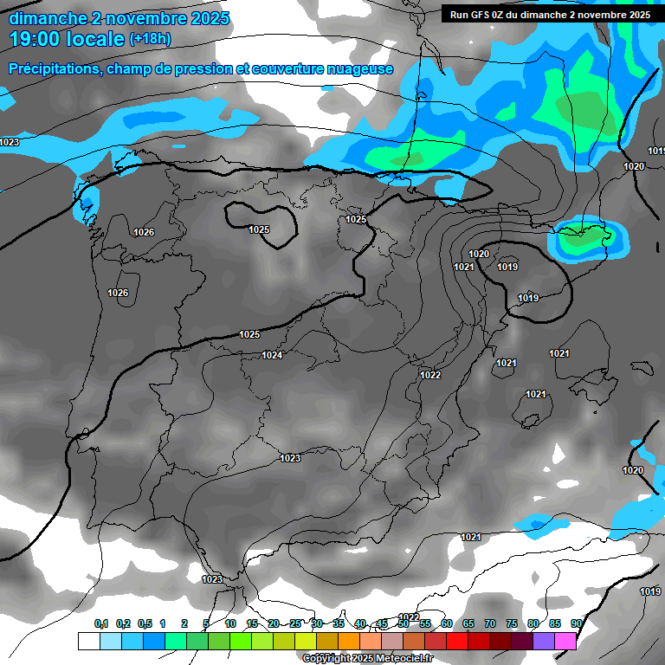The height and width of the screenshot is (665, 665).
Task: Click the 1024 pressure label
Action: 272,355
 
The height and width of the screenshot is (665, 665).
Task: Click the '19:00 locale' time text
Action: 66,39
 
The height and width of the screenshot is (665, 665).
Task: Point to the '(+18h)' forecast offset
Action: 151,39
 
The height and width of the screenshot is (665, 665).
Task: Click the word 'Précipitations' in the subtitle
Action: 54,69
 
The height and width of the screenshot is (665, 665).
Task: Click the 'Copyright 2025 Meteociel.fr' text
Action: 367,658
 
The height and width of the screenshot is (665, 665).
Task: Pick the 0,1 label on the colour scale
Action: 101,623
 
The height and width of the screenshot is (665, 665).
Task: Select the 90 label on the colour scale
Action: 576,623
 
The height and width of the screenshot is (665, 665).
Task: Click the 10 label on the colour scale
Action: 230,623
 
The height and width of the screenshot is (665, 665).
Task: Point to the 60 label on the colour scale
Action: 446,623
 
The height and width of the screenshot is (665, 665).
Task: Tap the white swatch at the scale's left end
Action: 88,641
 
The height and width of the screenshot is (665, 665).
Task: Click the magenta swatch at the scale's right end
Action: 565,641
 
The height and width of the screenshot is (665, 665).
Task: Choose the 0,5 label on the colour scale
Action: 144,623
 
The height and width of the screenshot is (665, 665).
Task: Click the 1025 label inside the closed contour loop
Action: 259,229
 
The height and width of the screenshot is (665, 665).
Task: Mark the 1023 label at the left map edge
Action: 10,142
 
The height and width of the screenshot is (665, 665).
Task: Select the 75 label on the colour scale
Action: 511,623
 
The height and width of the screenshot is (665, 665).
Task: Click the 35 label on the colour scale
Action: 339,623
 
